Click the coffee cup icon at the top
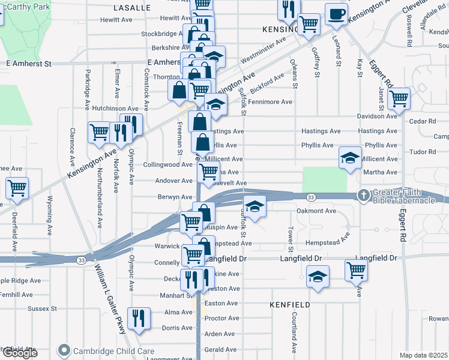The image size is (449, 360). tap(336, 13)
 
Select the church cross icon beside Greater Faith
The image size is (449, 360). tap(363, 195)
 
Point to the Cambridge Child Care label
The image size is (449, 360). tap(113, 351)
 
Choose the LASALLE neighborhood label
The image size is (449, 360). tap(131, 8)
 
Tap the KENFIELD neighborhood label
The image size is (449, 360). tap(290, 305)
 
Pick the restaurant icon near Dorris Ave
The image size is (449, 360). tap(139, 318)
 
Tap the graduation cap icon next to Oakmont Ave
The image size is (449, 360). tap(255, 206)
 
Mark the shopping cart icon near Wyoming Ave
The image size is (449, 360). tap(17, 187)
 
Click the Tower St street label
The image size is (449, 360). tap(290, 239)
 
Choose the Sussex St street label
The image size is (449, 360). tap(42, 309)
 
